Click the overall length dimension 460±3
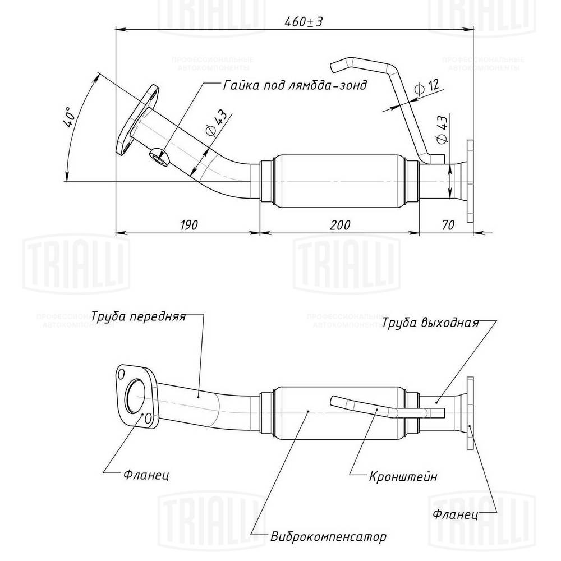point(304,22)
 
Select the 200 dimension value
point(340,225)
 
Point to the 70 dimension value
point(448,225)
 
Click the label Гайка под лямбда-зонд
point(295,85)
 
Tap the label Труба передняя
point(139,316)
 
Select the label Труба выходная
point(431,323)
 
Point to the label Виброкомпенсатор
point(328,537)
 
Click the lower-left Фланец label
point(146,475)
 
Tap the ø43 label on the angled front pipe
point(217,123)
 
